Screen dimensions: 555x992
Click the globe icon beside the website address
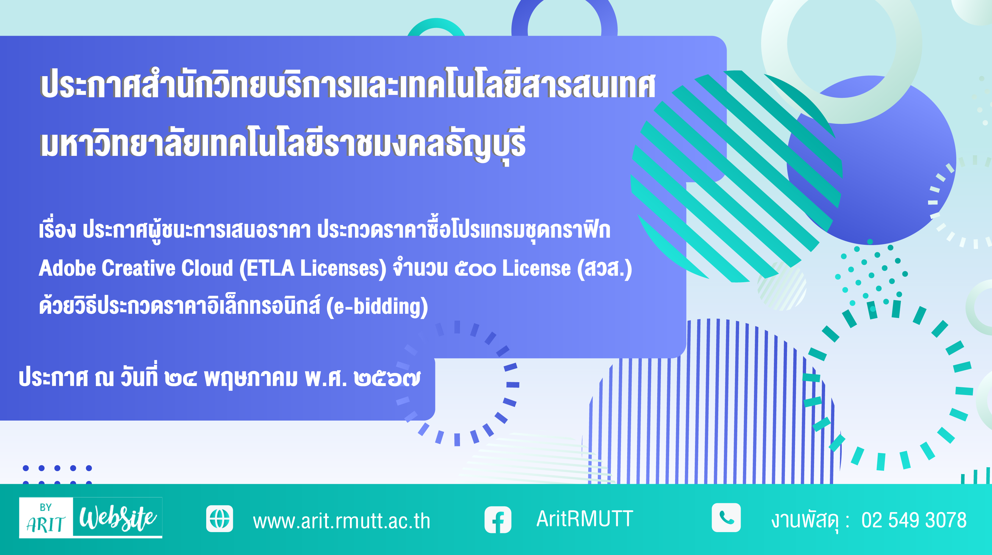click(220, 518)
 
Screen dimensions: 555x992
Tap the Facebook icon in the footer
click(497, 520)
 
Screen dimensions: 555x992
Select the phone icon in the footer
click(726, 518)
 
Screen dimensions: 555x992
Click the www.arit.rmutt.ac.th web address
click(341, 521)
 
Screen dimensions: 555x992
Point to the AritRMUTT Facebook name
click(585, 519)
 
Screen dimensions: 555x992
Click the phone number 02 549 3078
click(914, 520)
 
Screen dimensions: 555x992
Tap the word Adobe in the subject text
click(67, 268)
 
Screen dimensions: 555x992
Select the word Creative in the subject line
click(139, 268)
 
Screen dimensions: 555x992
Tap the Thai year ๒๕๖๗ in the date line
click(387, 378)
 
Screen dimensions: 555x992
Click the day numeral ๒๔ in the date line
click(181, 378)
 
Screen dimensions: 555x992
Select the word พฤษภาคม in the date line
click(251, 378)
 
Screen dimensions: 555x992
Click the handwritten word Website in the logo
click(118, 518)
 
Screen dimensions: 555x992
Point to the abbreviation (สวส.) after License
click(604, 269)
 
